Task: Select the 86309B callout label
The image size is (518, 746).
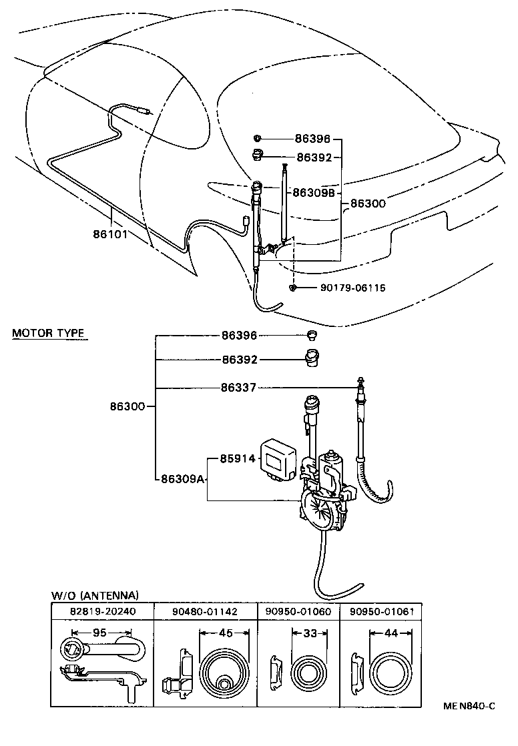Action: [x=312, y=192]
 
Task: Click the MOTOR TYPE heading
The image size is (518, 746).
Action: [x=50, y=332]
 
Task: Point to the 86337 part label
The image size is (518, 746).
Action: [x=240, y=388]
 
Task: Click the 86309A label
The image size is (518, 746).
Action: [x=182, y=479]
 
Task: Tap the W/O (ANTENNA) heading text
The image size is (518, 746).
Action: [x=95, y=595]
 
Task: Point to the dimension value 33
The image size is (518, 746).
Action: [x=309, y=633]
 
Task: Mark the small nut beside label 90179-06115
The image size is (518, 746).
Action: [x=293, y=288]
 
